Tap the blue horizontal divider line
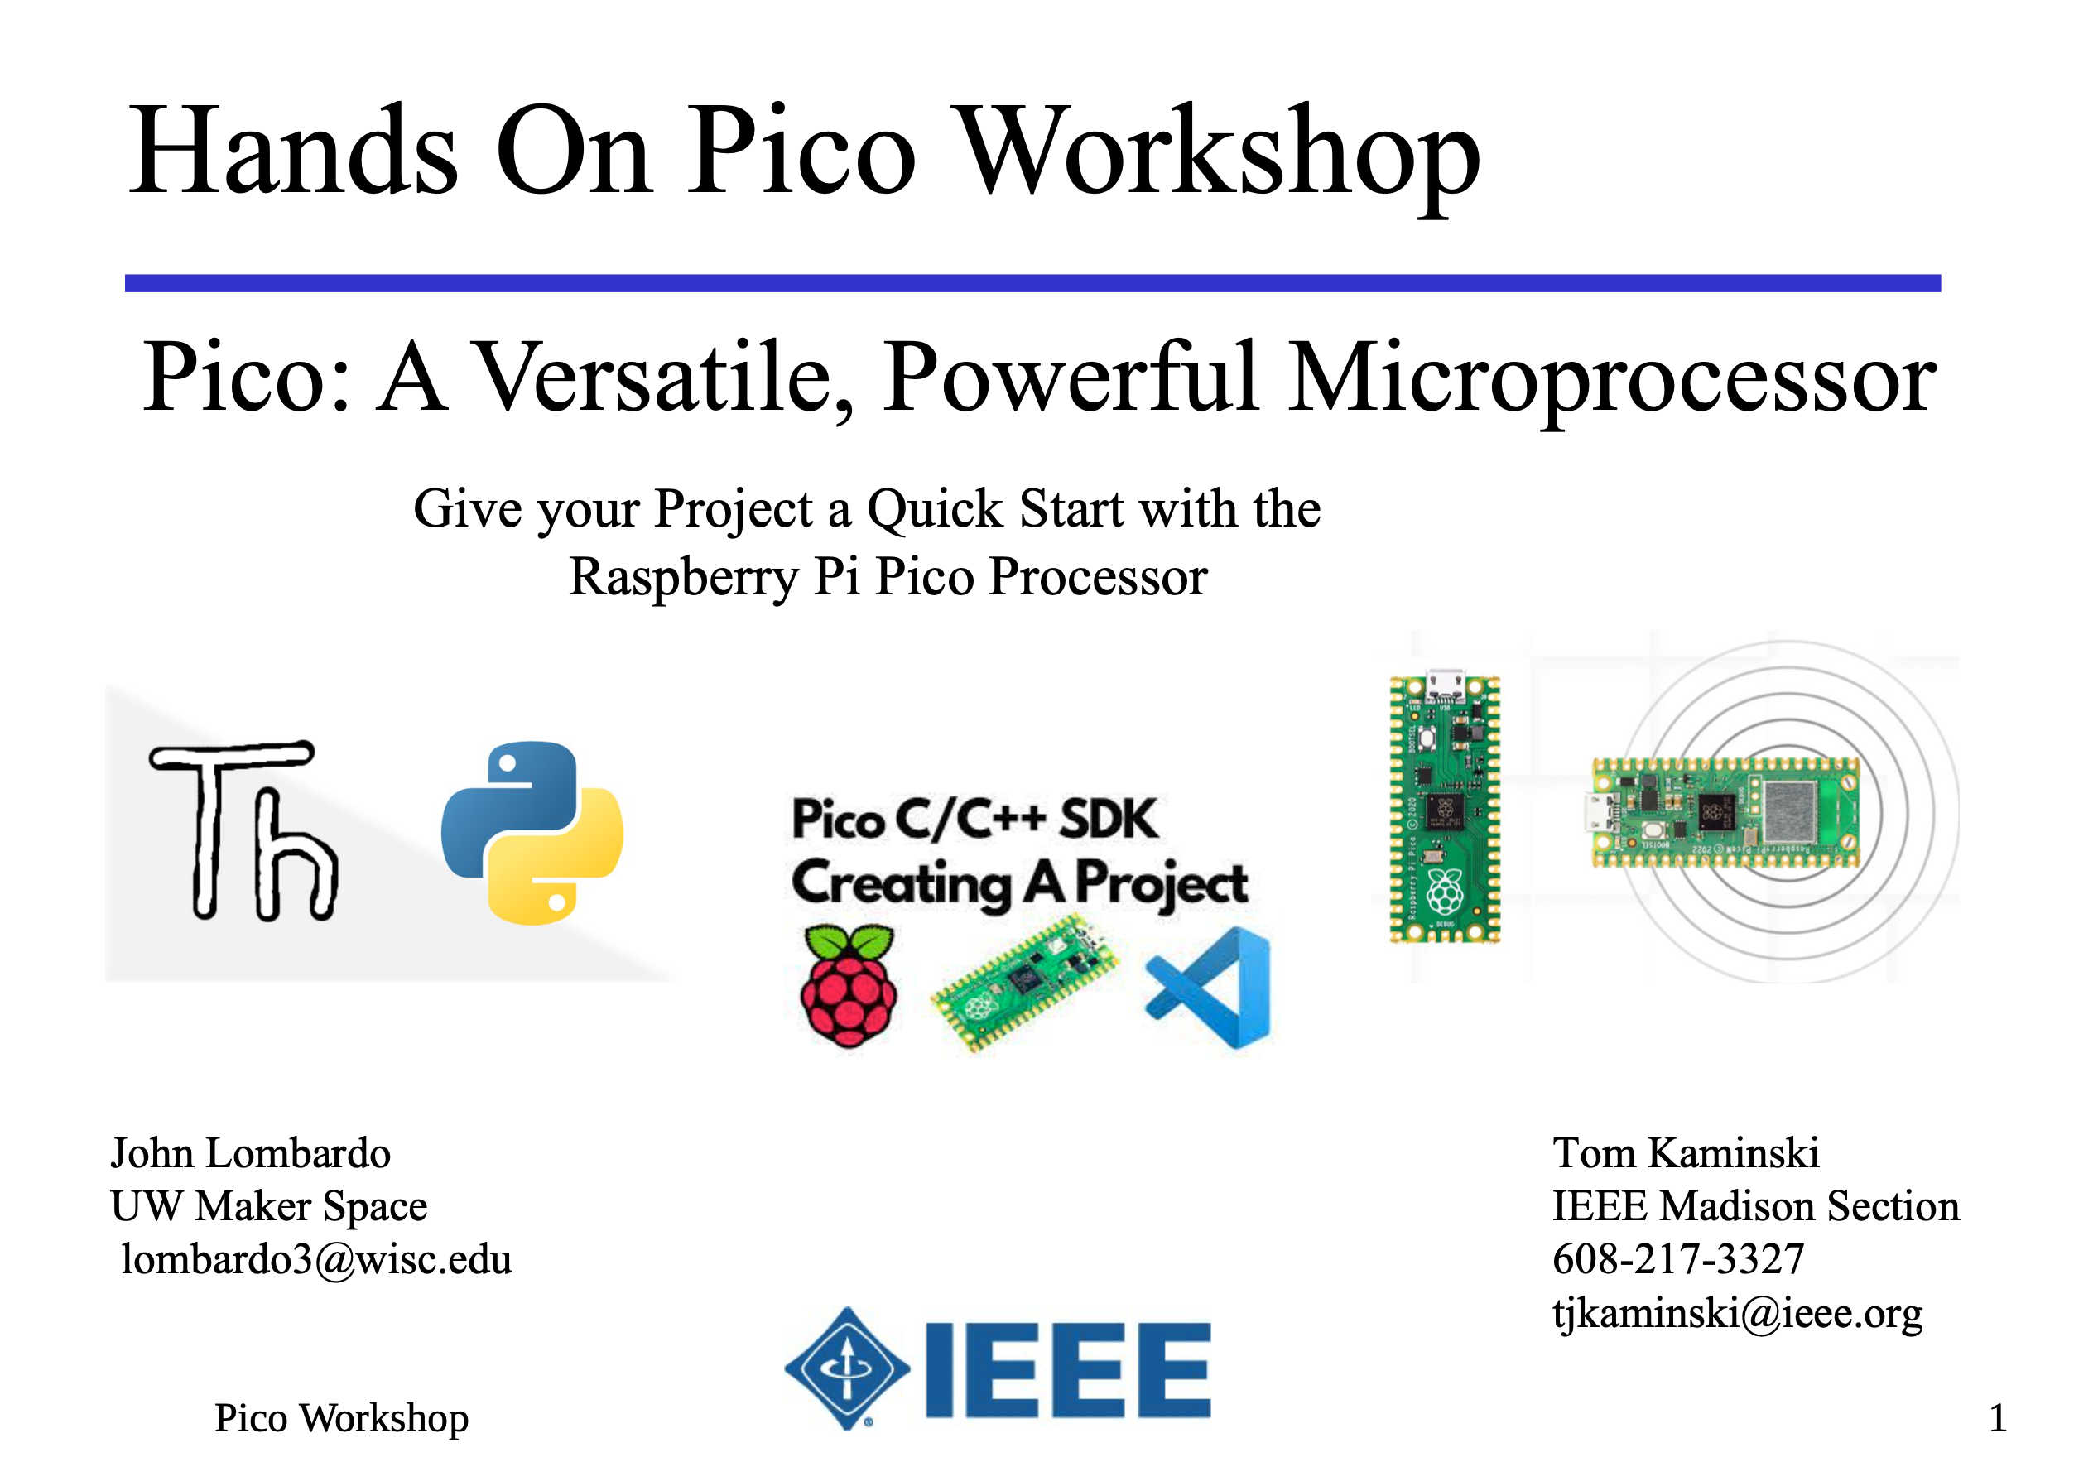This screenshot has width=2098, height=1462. click(1032, 283)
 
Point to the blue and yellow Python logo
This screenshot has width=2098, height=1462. click(532, 833)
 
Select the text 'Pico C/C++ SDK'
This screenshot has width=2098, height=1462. click(974, 819)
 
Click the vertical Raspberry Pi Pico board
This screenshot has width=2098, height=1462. click(1444, 810)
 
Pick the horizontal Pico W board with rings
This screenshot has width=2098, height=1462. click(1725, 812)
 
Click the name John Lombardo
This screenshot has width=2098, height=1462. click(250, 1153)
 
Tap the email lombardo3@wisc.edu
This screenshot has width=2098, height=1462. click(316, 1259)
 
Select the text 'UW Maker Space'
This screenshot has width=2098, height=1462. click(268, 1206)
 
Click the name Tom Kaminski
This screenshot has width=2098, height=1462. click(1686, 1152)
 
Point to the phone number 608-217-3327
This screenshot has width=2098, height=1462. click(1678, 1259)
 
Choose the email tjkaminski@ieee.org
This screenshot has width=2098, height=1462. click(1737, 1313)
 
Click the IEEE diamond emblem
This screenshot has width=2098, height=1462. click(847, 1368)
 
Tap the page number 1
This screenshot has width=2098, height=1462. click(1998, 1418)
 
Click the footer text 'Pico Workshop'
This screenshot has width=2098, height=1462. click(341, 1419)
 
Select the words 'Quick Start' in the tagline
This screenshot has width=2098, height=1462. click(996, 509)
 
